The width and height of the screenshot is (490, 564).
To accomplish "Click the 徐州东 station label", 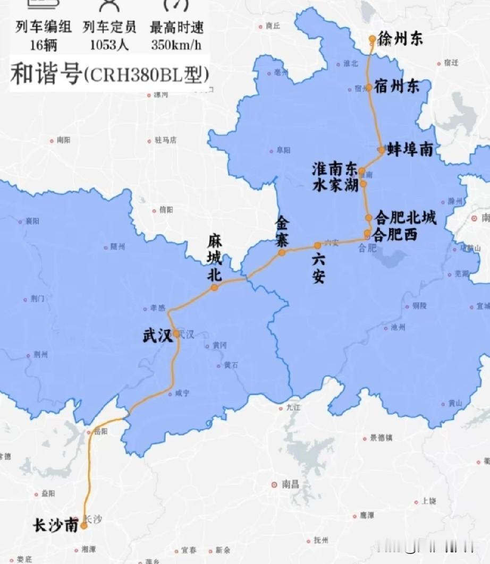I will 401,38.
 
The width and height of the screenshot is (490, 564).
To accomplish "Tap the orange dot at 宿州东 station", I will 369,88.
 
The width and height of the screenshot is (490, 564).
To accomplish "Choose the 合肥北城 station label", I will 405,218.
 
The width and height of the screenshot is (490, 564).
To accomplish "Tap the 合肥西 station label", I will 396,234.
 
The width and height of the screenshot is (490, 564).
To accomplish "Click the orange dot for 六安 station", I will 317,245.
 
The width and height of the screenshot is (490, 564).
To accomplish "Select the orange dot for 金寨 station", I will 282,253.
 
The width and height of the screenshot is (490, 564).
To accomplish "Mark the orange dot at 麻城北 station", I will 214,287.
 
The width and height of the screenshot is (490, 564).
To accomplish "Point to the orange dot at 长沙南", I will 83,526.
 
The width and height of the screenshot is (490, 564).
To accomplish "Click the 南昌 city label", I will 290,484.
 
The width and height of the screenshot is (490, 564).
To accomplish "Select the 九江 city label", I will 293,408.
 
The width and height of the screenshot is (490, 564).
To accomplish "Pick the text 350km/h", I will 176,45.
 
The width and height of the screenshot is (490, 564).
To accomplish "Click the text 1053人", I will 109,45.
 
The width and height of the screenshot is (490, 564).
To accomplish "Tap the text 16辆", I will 44,45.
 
